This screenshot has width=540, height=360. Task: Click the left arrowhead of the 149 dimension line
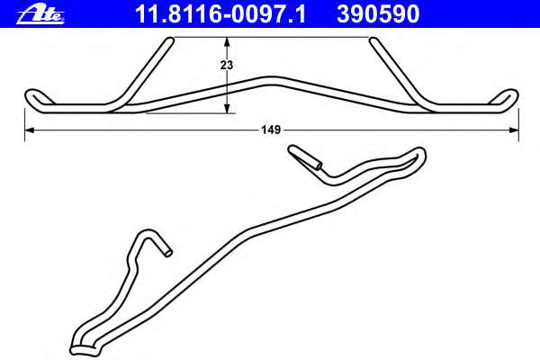28,130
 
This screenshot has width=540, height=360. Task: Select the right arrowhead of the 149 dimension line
514,130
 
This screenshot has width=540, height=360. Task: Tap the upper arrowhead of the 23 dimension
228,41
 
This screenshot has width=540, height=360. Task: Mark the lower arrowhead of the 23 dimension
228,110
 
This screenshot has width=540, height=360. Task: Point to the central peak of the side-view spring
271,77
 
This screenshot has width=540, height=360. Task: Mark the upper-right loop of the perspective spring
416,156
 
